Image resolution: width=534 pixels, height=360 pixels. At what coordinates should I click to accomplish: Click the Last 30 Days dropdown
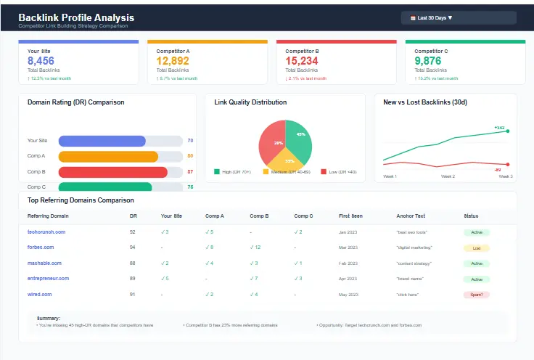tap(458, 17)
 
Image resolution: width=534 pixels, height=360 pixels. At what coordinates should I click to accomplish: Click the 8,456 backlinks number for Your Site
tap(41, 61)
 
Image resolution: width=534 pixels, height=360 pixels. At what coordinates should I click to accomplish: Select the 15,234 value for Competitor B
tap(301, 61)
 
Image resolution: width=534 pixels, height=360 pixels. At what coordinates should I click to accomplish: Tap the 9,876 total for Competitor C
tap(428, 61)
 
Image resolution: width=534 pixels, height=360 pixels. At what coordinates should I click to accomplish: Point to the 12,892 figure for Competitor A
tap(173, 61)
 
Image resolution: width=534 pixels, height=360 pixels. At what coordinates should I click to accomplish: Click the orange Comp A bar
tap(108, 156)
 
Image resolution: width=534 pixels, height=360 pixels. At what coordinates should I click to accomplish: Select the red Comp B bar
tap(112, 172)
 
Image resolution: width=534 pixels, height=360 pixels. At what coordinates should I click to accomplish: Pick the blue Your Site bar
tap(102, 141)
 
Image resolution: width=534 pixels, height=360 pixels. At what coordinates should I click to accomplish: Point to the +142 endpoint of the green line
tap(507, 131)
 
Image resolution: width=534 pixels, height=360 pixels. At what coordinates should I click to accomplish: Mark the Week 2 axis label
tap(448, 176)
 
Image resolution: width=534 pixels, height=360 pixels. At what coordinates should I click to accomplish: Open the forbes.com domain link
tap(42, 247)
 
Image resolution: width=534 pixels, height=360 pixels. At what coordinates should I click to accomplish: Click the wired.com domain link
tap(40, 295)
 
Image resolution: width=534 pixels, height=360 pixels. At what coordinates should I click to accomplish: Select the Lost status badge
tap(476, 247)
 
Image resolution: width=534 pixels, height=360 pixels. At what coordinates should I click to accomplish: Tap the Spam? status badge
tap(476, 295)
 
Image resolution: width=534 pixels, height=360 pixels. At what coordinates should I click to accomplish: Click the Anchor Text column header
tap(411, 216)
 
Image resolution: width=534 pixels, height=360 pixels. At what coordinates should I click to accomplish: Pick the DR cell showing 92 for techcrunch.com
tap(133, 232)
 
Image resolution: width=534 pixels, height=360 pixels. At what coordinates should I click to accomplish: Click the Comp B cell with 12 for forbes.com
tap(255, 247)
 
